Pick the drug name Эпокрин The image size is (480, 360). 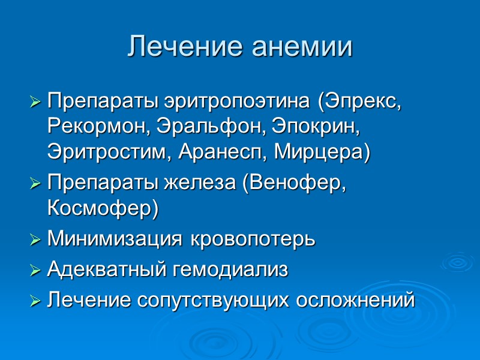pos(314,127)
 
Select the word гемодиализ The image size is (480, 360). pos(230,270)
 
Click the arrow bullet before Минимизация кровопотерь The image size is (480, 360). pos(37,241)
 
